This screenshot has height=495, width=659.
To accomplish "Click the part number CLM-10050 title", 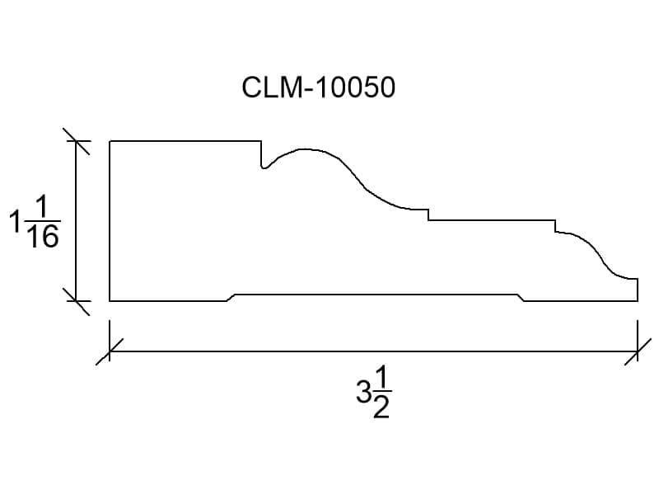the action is pyautogui.click(x=319, y=87).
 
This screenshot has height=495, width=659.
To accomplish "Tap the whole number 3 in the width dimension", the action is pyautogui.click(x=363, y=391).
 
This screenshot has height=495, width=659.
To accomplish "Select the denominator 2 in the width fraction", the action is pyautogui.click(x=381, y=407).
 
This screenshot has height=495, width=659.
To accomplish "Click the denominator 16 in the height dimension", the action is pyautogui.click(x=43, y=236).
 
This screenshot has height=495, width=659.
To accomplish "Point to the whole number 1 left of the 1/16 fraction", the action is pyautogui.click(x=16, y=221).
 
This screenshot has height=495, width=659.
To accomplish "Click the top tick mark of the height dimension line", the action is pyautogui.click(x=76, y=141).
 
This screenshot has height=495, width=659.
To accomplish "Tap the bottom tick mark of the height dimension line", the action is pyautogui.click(x=76, y=301).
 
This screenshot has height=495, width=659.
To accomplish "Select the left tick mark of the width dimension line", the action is pyautogui.click(x=110, y=351).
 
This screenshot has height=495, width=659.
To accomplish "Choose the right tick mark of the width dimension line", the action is pyautogui.click(x=638, y=351).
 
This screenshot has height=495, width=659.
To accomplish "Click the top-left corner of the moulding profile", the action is pyautogui.click(x=110, y=141).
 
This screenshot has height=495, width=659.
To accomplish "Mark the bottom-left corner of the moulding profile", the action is pyautogui.click(x=110, y=301).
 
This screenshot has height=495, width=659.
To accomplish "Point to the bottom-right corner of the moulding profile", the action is pyautogui.click(x=638, y=301).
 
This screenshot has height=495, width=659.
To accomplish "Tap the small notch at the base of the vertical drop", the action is pyautogui.click(x=264, y=167).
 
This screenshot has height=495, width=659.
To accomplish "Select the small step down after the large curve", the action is pyautogui.click(x=428, y=214).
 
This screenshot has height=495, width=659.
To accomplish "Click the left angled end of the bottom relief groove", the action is pyautogui.click(x=231, y=298).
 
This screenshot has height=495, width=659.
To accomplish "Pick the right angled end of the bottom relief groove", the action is pyautogui.click(x=520, y=298).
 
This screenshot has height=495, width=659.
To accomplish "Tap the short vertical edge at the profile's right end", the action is pyautogui.click(x=638, y=290).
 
